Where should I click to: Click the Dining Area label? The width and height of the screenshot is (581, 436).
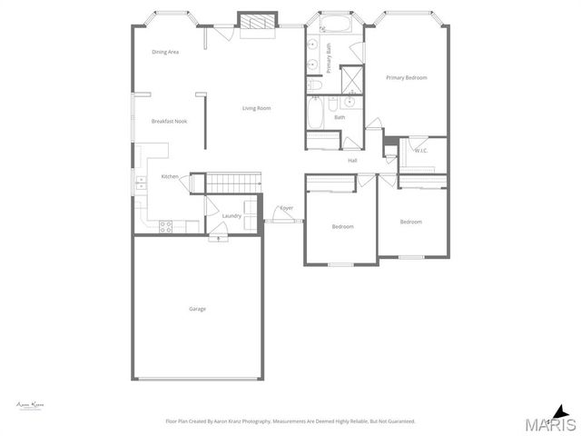point(165,52)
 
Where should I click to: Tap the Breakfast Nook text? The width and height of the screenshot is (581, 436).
point(169,121)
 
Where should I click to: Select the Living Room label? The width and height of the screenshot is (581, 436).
point(256,109)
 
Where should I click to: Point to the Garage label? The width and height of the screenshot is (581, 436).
point(197,309)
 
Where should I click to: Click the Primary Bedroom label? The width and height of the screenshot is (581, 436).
point(406,78)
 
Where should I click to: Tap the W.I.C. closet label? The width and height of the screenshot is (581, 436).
point(421,151)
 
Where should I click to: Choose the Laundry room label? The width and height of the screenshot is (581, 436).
point(231,215)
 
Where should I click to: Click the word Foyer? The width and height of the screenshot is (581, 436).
point(286,208)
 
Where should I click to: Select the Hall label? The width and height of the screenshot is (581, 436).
point(352,161)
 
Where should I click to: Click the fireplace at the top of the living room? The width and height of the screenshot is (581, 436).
point(257,22)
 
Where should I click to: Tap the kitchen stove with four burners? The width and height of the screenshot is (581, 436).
point(167,226)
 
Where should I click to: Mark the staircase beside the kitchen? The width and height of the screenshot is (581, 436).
point(233,183)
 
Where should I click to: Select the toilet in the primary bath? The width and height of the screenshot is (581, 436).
point(315,84)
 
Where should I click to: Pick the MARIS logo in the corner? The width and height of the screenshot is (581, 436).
point(552,421)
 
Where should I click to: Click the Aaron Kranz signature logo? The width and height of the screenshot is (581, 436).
point(31,404)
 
